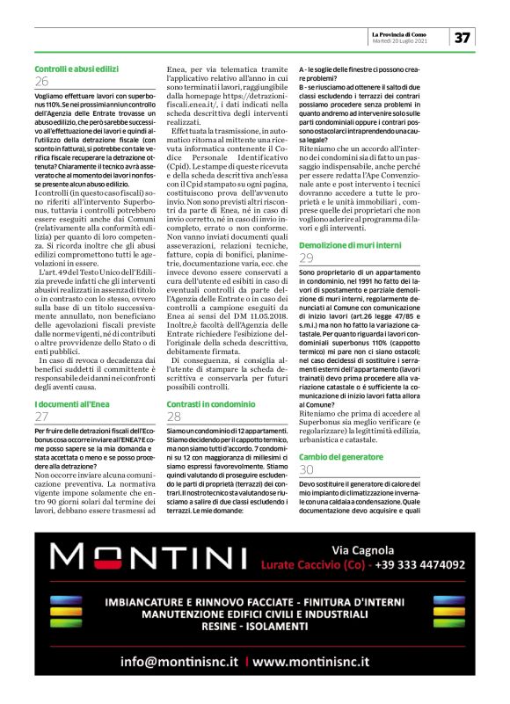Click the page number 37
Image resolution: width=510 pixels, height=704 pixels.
click(462, 37)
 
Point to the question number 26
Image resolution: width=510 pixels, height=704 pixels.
click(41, 81)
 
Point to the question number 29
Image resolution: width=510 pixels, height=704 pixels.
click(306, 258)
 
